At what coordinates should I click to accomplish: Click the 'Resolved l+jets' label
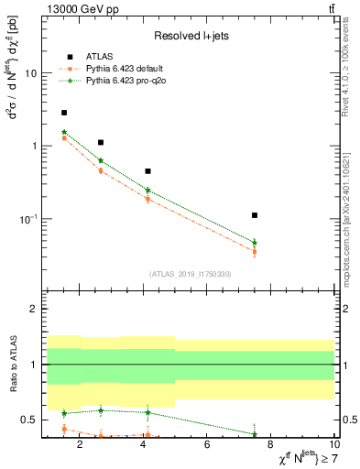tap(189, 37)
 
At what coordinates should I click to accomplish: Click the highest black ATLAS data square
tap(64, 113)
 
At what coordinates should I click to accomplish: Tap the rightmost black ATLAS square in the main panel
tap(255, 215)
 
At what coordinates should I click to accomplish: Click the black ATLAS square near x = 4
tap(147, 171)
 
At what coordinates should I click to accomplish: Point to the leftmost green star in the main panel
tap(64, 132)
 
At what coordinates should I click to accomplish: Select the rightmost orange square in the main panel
tap(255, 251)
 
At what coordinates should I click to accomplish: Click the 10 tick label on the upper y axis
tap(30, 73)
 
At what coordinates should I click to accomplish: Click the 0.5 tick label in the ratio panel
tap(27, 420)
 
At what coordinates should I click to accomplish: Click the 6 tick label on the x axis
tap(207, 446)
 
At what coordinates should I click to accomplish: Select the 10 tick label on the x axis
tap(333, 446)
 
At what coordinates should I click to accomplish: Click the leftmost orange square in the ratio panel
tap(64, 429)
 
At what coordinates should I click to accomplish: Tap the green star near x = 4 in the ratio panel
tap(147, 412)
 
